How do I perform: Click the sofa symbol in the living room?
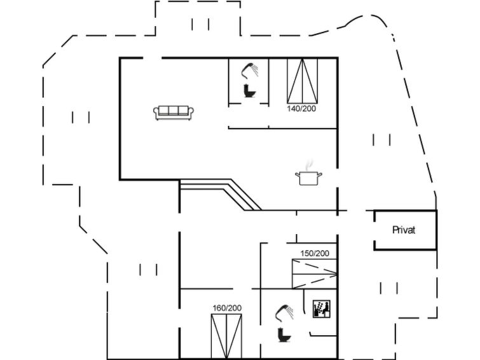coord(174,113)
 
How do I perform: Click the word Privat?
coord(404,230)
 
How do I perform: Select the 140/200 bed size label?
coord(301,109)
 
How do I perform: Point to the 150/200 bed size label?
coord(315,253)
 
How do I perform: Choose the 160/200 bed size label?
coord(227,308)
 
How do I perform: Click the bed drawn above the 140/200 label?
coord(302,81)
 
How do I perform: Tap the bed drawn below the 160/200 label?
coord(226,336)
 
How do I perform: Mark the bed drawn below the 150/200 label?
coord(315,274)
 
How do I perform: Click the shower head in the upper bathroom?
coord(250,71)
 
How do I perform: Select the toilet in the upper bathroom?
coord(250,91)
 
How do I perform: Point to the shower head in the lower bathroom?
coord(284,313)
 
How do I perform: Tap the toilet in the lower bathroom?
coord(284,335)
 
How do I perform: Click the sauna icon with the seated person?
coord(322,309)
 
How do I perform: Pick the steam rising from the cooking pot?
coord(310,165)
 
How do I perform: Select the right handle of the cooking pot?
coord(319,175)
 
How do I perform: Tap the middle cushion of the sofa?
coord(174,111)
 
